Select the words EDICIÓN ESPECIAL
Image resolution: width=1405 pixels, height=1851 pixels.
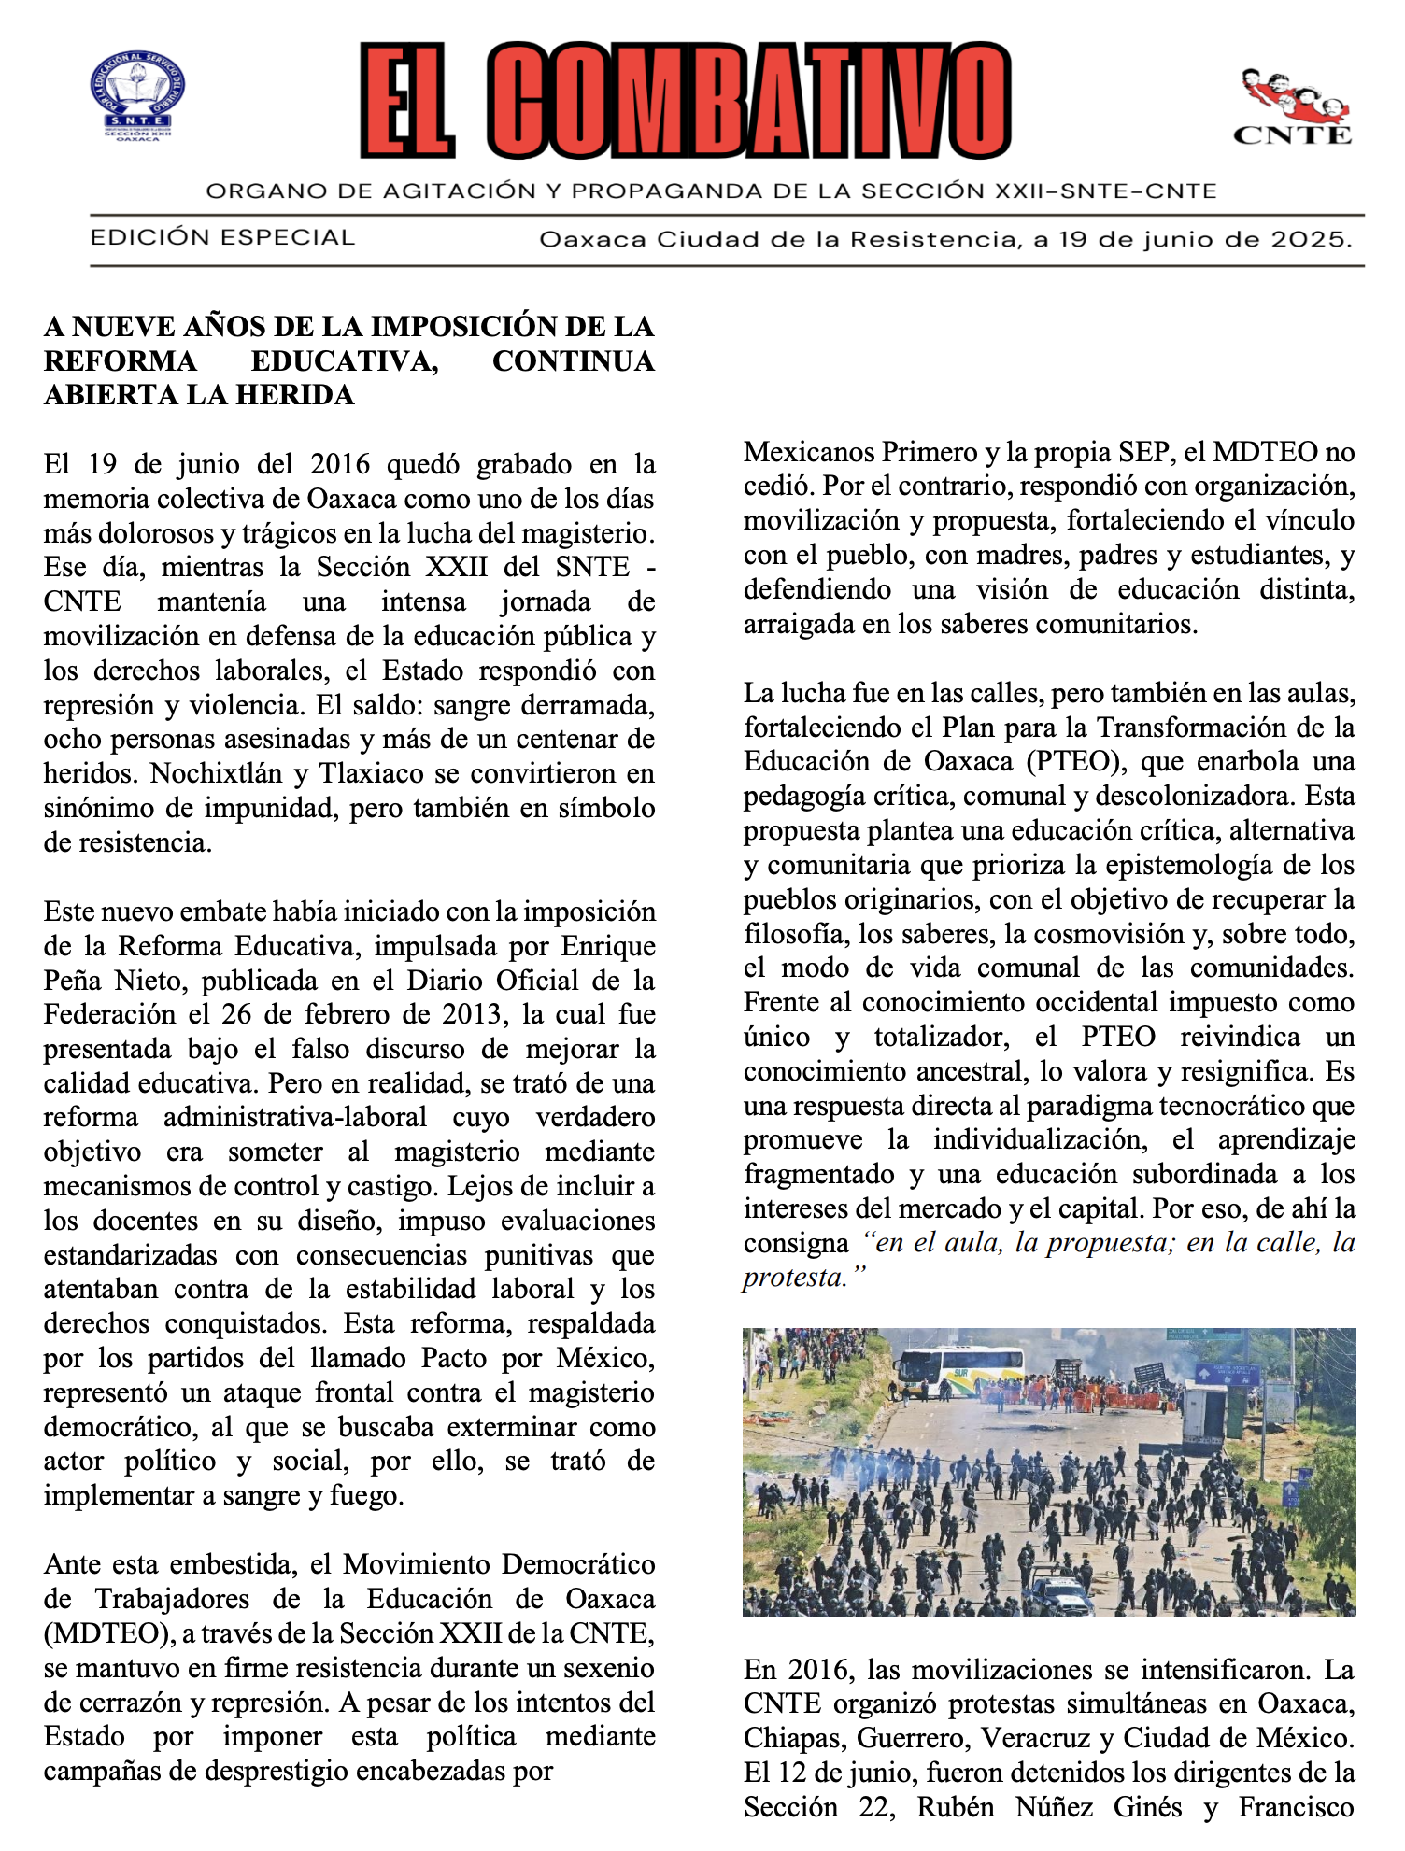(x=222, y=237)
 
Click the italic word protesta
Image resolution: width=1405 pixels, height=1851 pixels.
(x=793, y=1277)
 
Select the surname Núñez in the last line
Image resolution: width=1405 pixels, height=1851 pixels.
(x=1054, y=1807)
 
